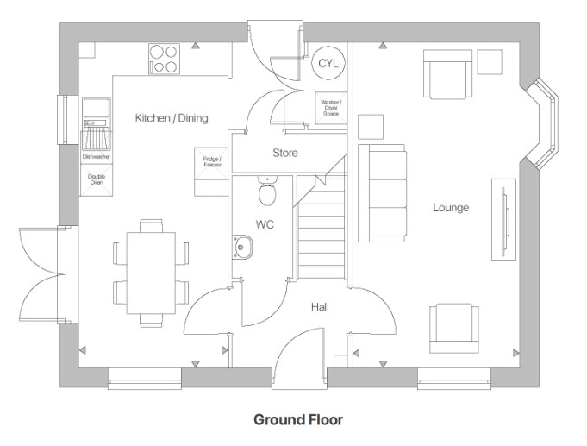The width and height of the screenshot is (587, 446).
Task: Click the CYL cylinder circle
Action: [x=328, y=63]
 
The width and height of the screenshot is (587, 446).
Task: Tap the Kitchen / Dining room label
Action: [x=172, y=117]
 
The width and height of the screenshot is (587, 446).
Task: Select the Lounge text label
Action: [x=451, y=207]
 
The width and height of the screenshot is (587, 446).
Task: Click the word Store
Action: [x=285, y=153]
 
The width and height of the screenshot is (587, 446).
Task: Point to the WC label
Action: [x=265, y=223]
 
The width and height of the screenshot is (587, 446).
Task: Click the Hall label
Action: [x=320, y=306]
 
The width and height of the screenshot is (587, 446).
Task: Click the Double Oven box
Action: [x=97, y=179]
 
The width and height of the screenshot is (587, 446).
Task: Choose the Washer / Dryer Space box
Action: [x=331, y=108]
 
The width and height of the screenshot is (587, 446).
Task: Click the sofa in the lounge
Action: [x=383, y=192]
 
